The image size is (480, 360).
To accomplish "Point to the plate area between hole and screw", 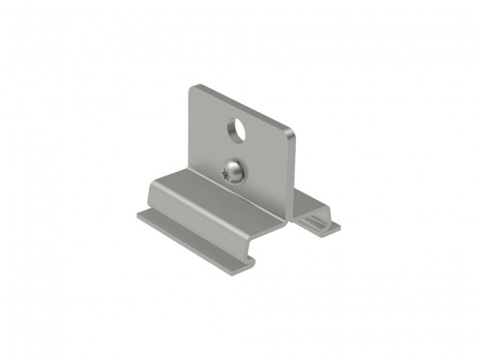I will click(237, 149).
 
